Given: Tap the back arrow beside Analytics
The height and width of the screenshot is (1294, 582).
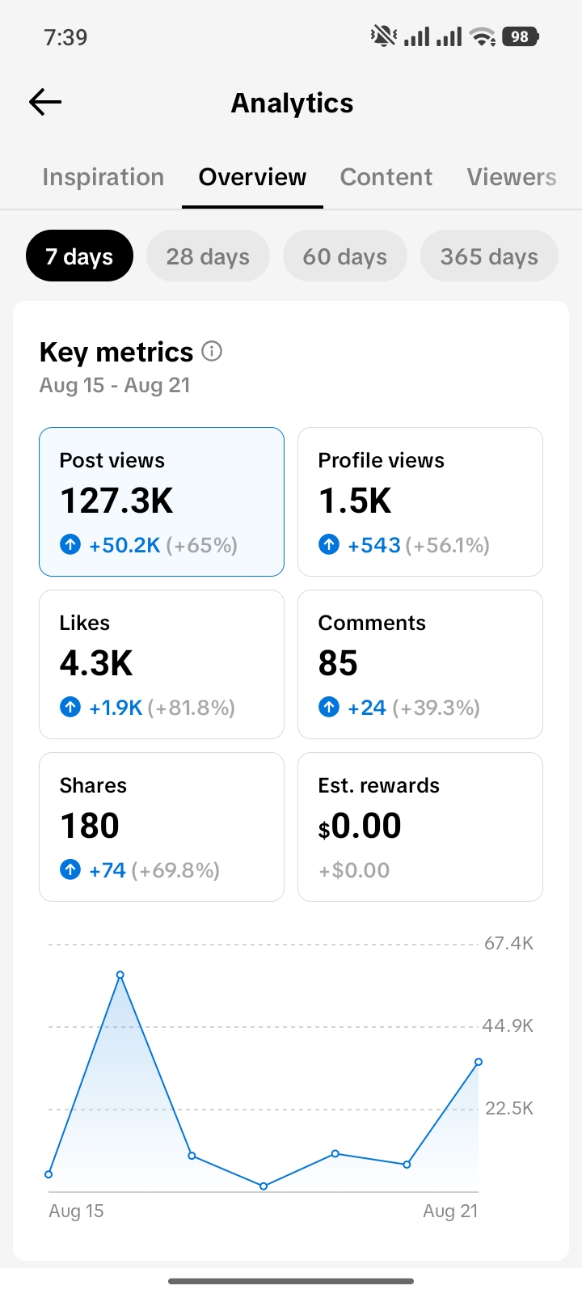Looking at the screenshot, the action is (x=45, y=102).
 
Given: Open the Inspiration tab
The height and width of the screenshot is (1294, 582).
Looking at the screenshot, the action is (x=103, y=177).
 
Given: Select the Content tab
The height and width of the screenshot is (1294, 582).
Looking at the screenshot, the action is (x=386, y=177).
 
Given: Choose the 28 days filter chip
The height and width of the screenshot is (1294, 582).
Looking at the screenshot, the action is (x=208, y=256).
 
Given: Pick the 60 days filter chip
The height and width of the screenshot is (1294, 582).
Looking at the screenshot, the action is (x=344, y=256).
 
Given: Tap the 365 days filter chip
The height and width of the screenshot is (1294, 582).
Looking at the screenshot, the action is (x=489, y=256).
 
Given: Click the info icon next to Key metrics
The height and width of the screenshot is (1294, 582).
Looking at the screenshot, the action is (x=212, y=351).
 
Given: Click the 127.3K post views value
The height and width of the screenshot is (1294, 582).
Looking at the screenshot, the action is (x=116, y=501).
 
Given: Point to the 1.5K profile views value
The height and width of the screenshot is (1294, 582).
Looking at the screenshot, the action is (x=355, y=501).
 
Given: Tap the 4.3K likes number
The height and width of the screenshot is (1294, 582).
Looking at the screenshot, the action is (x=96, y=662).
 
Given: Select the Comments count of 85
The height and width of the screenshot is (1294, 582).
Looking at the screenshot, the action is (x=338, y=662).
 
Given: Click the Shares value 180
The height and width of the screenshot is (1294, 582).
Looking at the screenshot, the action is (x=90, y=826).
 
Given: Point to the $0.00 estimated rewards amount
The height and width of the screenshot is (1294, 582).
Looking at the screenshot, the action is (x=360, y=826).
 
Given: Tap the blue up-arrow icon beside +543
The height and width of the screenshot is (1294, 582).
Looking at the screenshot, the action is (x=329, y=544).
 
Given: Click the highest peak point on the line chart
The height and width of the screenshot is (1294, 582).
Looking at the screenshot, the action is (x=120, y=975).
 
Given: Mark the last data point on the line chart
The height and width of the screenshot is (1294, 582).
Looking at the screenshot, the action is (x=479, y=1062).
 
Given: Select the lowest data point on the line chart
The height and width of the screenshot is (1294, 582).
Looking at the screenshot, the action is (x=264, y=1186).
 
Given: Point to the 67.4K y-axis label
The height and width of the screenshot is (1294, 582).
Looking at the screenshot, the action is (x=508, y=943).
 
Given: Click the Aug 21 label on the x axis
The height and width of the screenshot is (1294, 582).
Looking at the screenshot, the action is (x=450, y=1211).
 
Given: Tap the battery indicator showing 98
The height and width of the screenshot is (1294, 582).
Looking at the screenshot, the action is (x=521, y=37).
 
